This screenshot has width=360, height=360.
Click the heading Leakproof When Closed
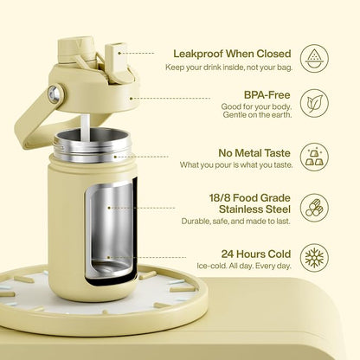(232, 54)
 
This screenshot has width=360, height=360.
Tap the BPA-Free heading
(267, 95)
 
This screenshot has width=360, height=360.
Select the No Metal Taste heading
(254, 153)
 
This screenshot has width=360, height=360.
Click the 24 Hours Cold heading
(256, 254)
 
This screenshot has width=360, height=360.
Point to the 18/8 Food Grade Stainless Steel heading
(250, 203)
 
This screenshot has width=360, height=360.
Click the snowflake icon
(314, 258)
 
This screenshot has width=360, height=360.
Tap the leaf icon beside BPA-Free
(314, 103)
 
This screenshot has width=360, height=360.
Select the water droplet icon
(314, 58)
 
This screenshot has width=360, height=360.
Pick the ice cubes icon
(314, 157)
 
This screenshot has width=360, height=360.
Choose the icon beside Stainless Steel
(314, 208)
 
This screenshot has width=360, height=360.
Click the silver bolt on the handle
(54, 93)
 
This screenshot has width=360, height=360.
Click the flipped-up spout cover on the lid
(116, 62)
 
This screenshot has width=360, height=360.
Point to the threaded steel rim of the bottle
(93, 146)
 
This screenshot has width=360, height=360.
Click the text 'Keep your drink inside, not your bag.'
(228, 67)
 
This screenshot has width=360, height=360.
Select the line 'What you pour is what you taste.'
(236, 165)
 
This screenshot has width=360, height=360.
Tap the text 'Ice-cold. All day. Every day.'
(244, 266)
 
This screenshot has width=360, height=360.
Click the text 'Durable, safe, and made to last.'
(235, 222)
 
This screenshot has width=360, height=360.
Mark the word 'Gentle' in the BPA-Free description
(233, 114)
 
